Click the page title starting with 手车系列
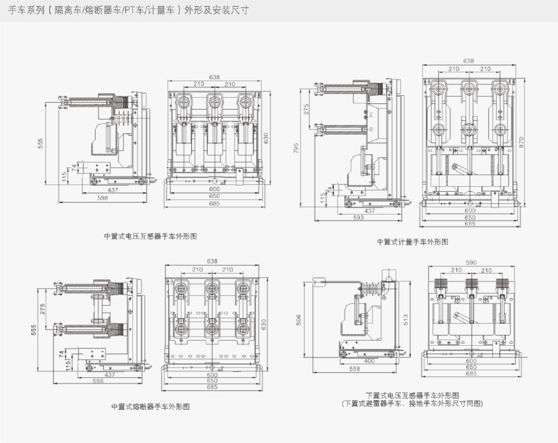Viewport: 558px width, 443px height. tap(129, 11)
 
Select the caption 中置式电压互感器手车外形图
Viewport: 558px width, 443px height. tap(150, 236)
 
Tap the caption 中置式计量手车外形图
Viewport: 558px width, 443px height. tap(412, 242)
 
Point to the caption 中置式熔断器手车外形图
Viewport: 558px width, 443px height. tap(150, 407)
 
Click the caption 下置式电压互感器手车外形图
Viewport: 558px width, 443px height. tap(412, 395)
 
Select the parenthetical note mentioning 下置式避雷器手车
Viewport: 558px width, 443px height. tap(412, 404)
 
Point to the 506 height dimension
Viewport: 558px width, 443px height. tap(299, 320)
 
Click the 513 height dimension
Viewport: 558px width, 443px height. tap(407, 319)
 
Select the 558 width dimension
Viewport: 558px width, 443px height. tap(354, 369)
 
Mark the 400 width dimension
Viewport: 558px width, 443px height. tap(369, 361)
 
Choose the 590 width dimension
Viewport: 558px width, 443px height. tap(471, 262)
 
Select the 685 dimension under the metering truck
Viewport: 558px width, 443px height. tap(470, 224)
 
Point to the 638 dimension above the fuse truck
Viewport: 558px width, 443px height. tap(212, 261)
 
